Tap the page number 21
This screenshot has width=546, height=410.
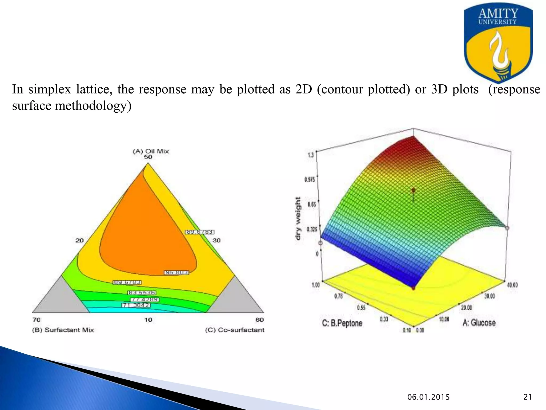528,397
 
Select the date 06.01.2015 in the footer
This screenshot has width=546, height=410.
428,397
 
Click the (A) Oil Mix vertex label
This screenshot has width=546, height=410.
151,151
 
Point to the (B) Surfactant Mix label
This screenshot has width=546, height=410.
63,330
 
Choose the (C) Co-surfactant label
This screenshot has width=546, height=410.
235,330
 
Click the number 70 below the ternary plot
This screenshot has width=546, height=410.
37,320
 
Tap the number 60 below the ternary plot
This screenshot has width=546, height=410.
259,320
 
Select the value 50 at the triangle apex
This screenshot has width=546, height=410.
148,157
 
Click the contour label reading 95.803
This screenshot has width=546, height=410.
176,273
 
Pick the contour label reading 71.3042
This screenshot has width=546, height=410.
136,305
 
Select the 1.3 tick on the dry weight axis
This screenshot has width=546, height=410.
311,155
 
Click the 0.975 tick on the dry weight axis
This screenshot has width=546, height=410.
310,179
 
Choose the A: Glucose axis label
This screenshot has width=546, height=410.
479,323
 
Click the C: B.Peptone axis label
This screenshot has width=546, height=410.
342,323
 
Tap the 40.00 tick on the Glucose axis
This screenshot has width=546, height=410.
512,285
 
